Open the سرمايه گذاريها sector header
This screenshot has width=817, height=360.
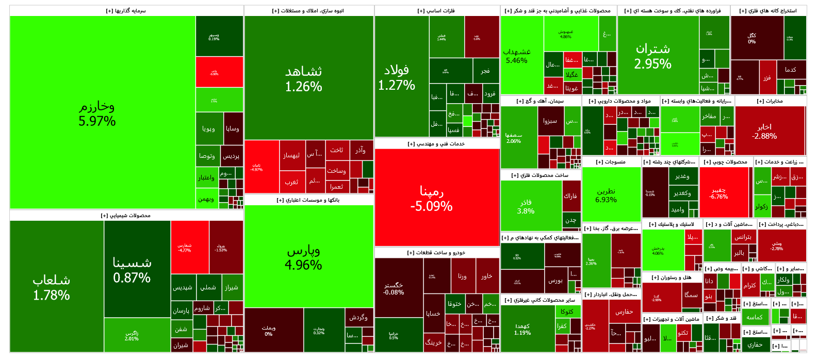pyautogui.click(x=127, y=10)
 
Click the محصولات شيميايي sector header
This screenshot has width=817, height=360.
pyautogui.click(x=126, y=215)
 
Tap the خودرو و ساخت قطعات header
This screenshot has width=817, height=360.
pyautogui.click(x=436, y=252)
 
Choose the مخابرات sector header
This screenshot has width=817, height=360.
pyautogui.click(x=771, y=101)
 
